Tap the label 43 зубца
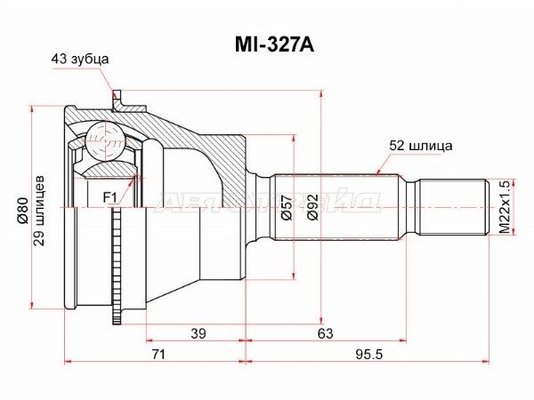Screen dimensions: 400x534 [79, 59]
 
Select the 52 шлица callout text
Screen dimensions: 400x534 [421, 144]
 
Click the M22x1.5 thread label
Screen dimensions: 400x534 [505, 206]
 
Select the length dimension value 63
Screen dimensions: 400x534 [325, 333]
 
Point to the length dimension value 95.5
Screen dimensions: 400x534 [368, 355]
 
